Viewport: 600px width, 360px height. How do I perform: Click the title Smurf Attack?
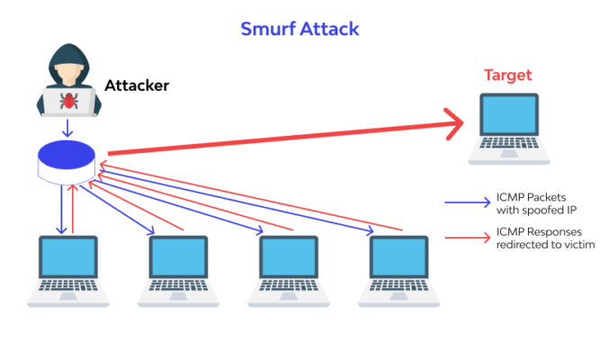click(300, 29)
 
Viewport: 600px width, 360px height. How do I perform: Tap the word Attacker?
click(137, 86)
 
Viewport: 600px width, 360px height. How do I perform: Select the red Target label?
click(508, 75)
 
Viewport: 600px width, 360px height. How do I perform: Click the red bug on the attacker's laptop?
click(69, 100)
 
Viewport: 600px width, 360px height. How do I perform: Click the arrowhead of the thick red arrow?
click(454, 121)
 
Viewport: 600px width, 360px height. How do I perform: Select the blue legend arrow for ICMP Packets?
click(466, 203)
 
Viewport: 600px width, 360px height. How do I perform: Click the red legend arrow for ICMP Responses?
click(466, 238)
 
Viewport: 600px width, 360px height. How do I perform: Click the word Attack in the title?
click(328, 29)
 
